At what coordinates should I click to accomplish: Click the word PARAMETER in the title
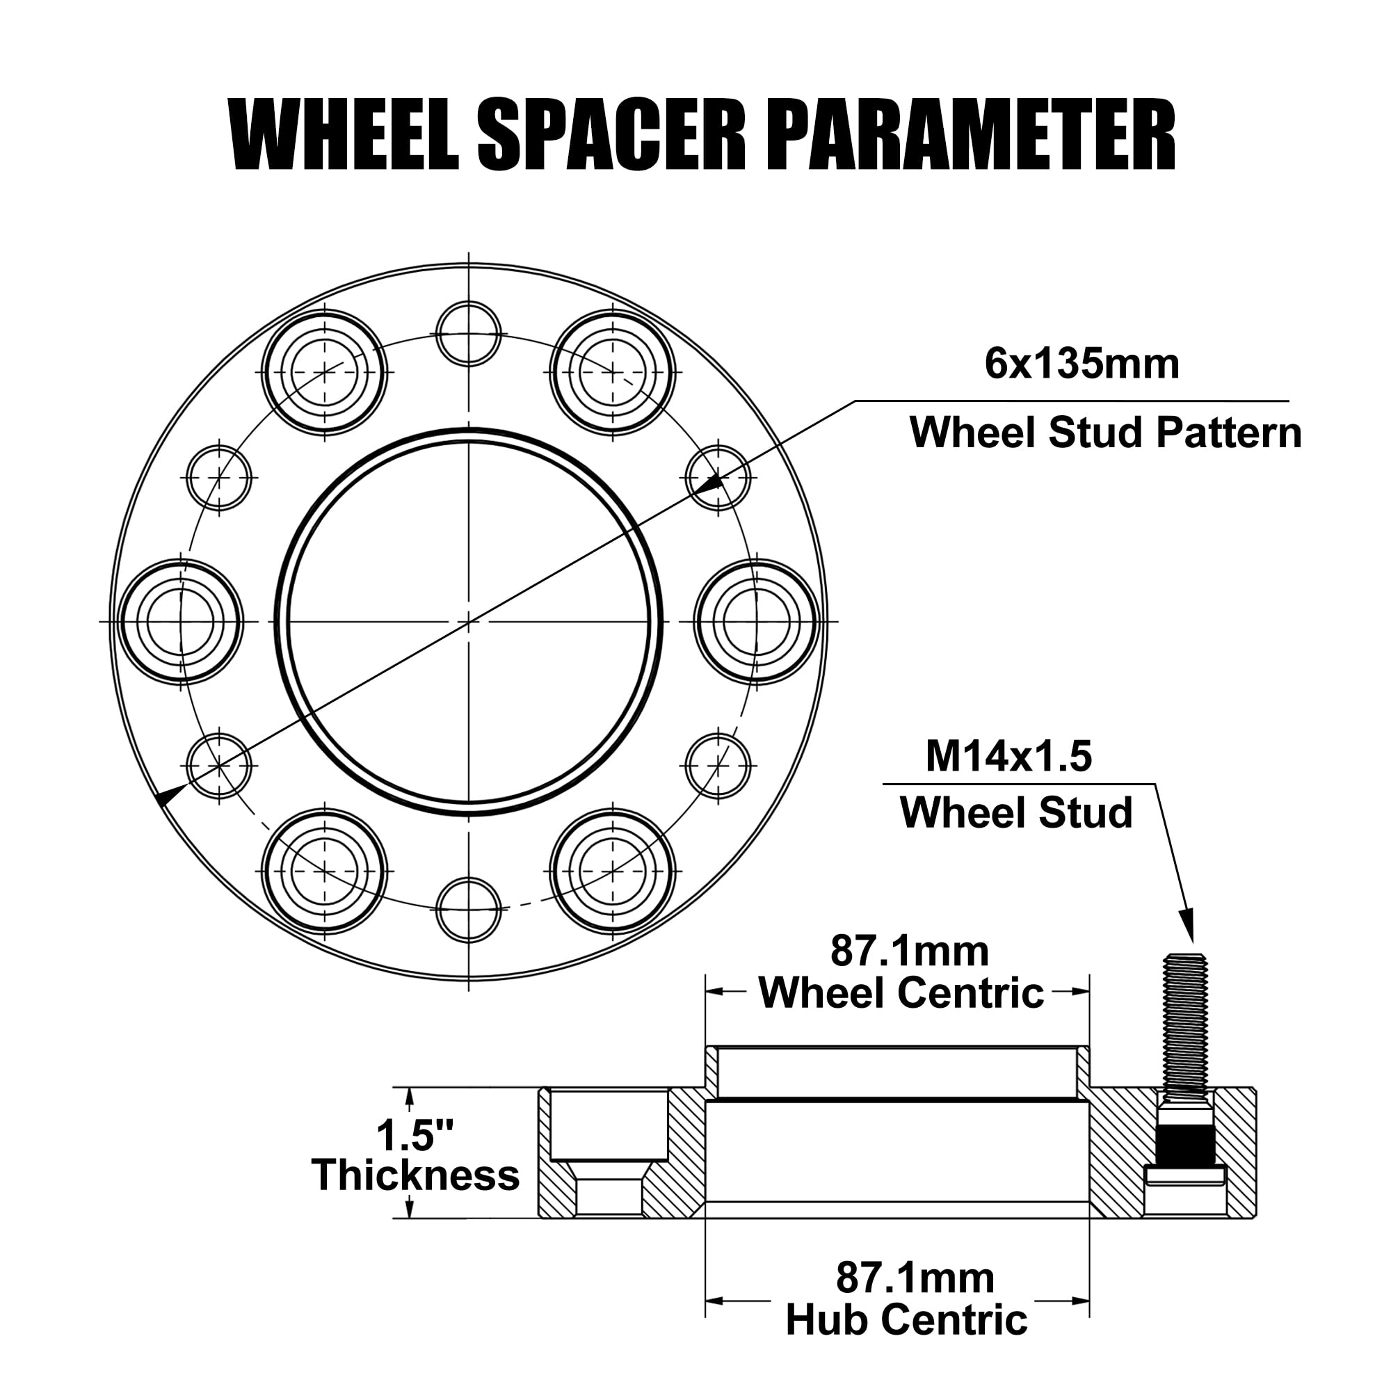[x=974, y=136]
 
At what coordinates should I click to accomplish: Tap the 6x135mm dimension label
[x=1082, y=364]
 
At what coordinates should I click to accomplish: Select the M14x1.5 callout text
[x=1008, y=757]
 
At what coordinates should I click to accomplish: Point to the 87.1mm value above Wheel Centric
[x=909, y=951]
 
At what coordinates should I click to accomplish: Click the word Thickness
[x=415, y=1175]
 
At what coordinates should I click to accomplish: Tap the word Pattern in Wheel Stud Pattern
[x=1228, y=433]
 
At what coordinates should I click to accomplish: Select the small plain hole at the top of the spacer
[x=469, y=333]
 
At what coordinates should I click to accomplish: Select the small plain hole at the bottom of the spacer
[x=469, y=908]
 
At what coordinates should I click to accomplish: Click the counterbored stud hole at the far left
[x=181, y=621]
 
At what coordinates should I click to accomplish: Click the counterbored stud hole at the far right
[x=757, y=621]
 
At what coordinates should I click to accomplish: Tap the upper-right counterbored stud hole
[x=612, y=372]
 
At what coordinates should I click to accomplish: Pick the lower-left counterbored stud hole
[x=325, y=871]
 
